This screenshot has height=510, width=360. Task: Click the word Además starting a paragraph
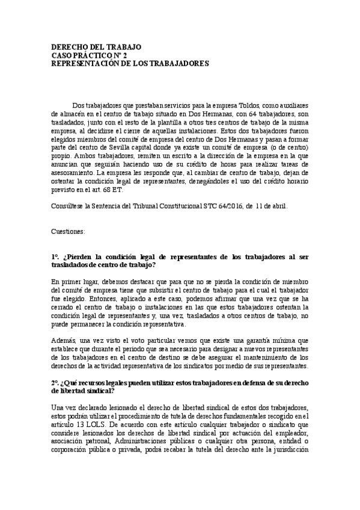64,341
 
